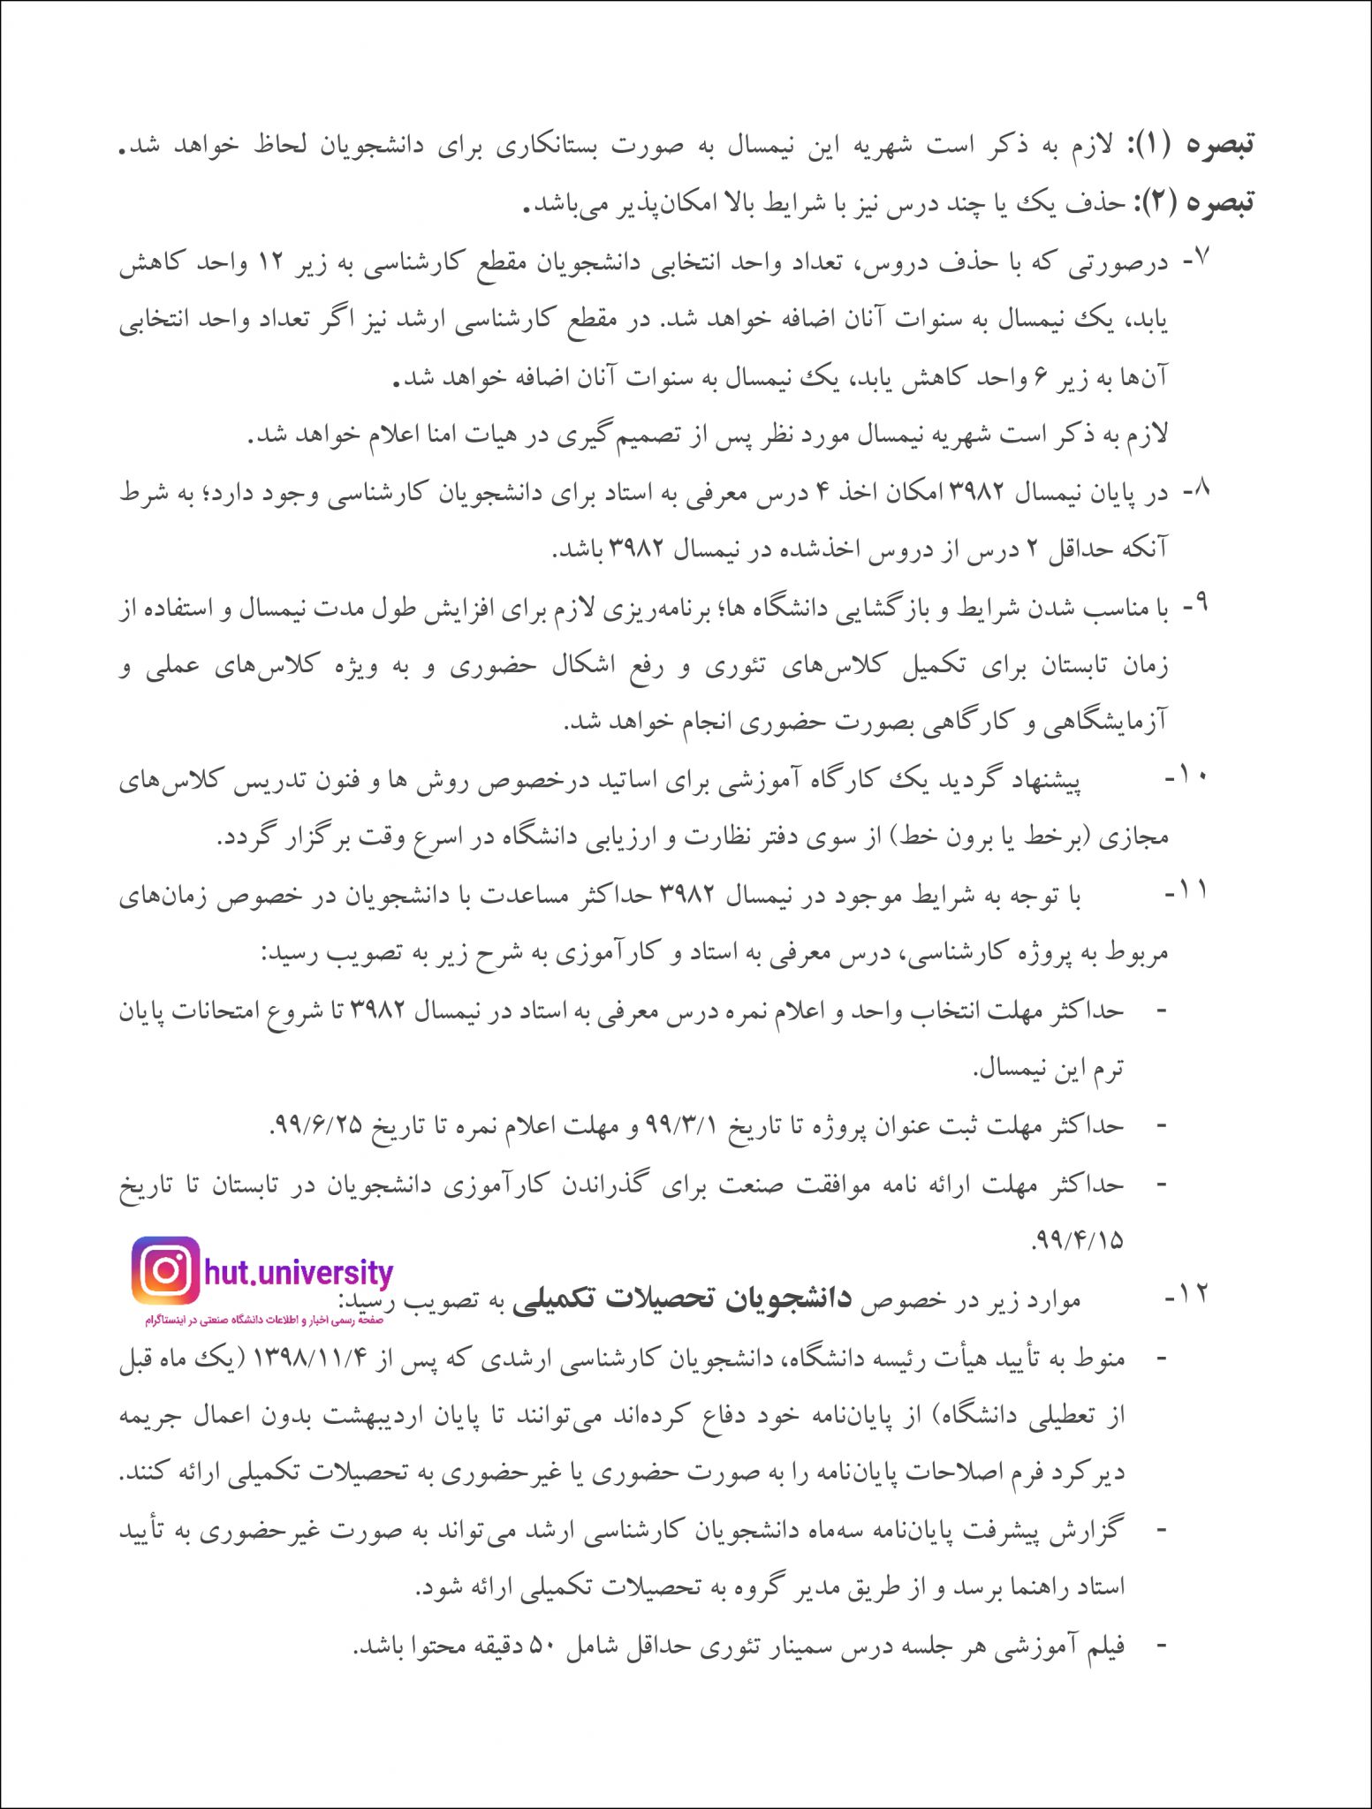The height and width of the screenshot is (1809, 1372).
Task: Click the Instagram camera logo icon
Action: (166, 1271)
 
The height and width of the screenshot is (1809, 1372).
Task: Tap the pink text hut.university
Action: (299, 1273)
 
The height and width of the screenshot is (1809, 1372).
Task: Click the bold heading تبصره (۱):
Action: (1206, 144)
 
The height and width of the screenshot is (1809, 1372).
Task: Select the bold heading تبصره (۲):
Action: (1206, 202)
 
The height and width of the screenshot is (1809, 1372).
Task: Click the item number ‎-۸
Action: (1194, 491)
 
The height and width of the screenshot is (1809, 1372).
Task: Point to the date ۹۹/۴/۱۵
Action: (1078, 1241)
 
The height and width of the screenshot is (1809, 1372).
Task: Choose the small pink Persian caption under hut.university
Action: (264, 1320)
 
